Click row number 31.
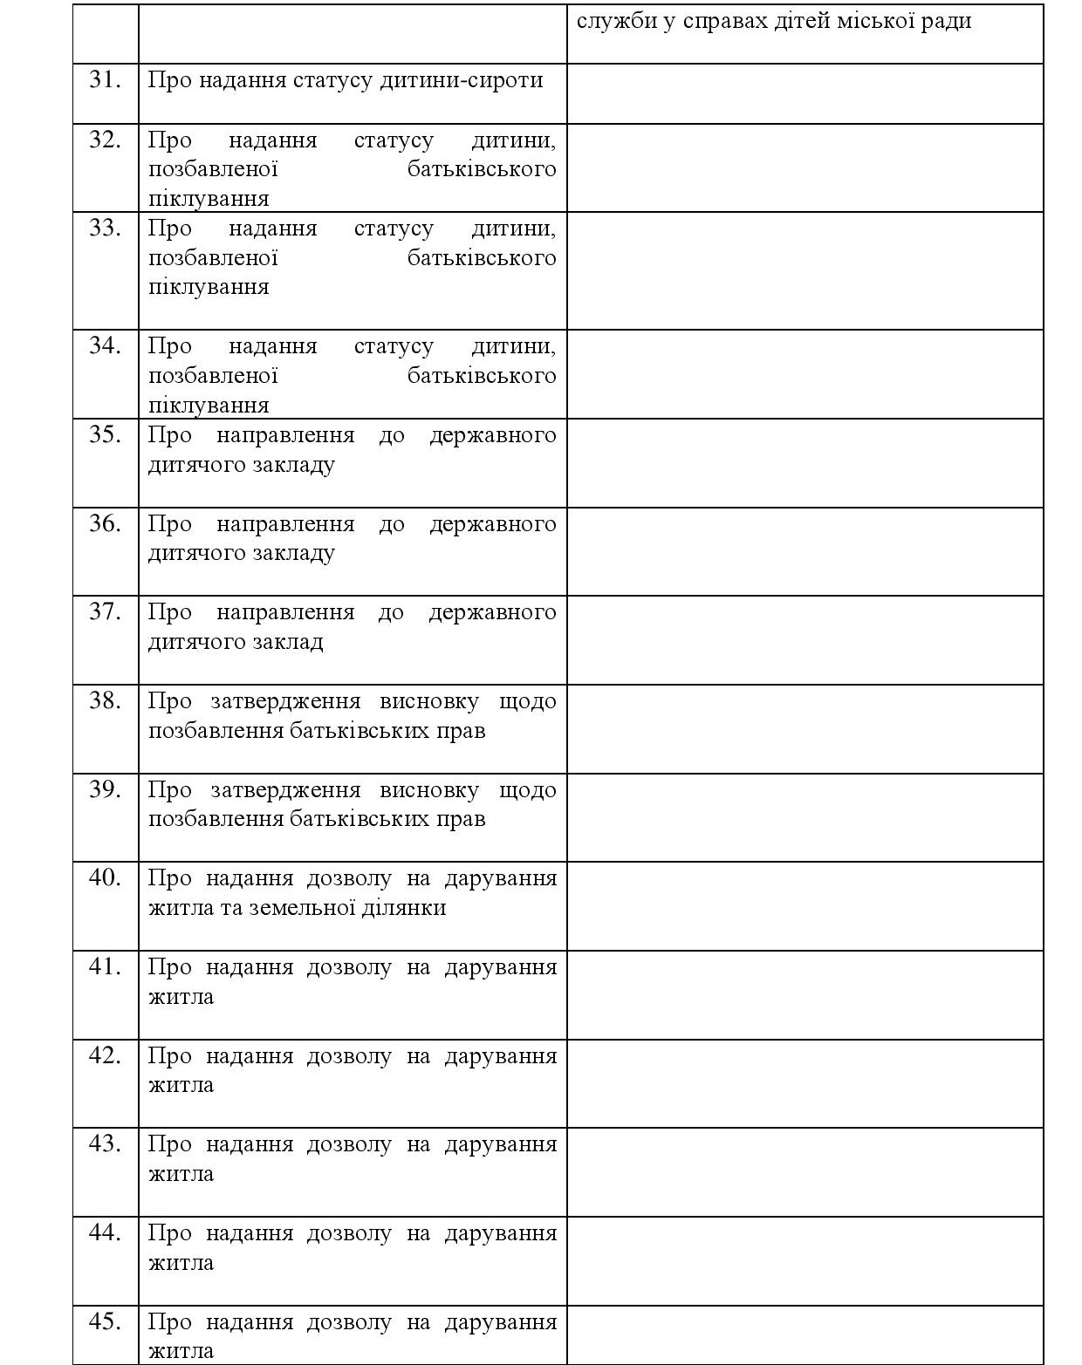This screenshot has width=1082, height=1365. tap(105, 80)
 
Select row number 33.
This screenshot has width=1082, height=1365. tap(105, 229)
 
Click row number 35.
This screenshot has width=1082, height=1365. tap(105, 434)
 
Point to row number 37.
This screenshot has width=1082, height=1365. tap(105, 612)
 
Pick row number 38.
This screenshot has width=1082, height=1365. tap(105, 701)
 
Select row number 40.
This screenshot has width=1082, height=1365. tap(105, 878)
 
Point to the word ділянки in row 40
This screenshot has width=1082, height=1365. tap(407, 908)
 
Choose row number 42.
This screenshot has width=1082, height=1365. tap(105, 1056)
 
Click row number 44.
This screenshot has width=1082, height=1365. tap(105, 1233)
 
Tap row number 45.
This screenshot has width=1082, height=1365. tap(105, 1322)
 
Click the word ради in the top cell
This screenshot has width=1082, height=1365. tap(947, 21)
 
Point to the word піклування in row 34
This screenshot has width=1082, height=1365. tap(208, 406)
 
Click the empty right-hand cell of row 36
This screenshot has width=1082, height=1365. tap(805, 551)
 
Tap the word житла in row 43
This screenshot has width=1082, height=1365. tap(181, 1174)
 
